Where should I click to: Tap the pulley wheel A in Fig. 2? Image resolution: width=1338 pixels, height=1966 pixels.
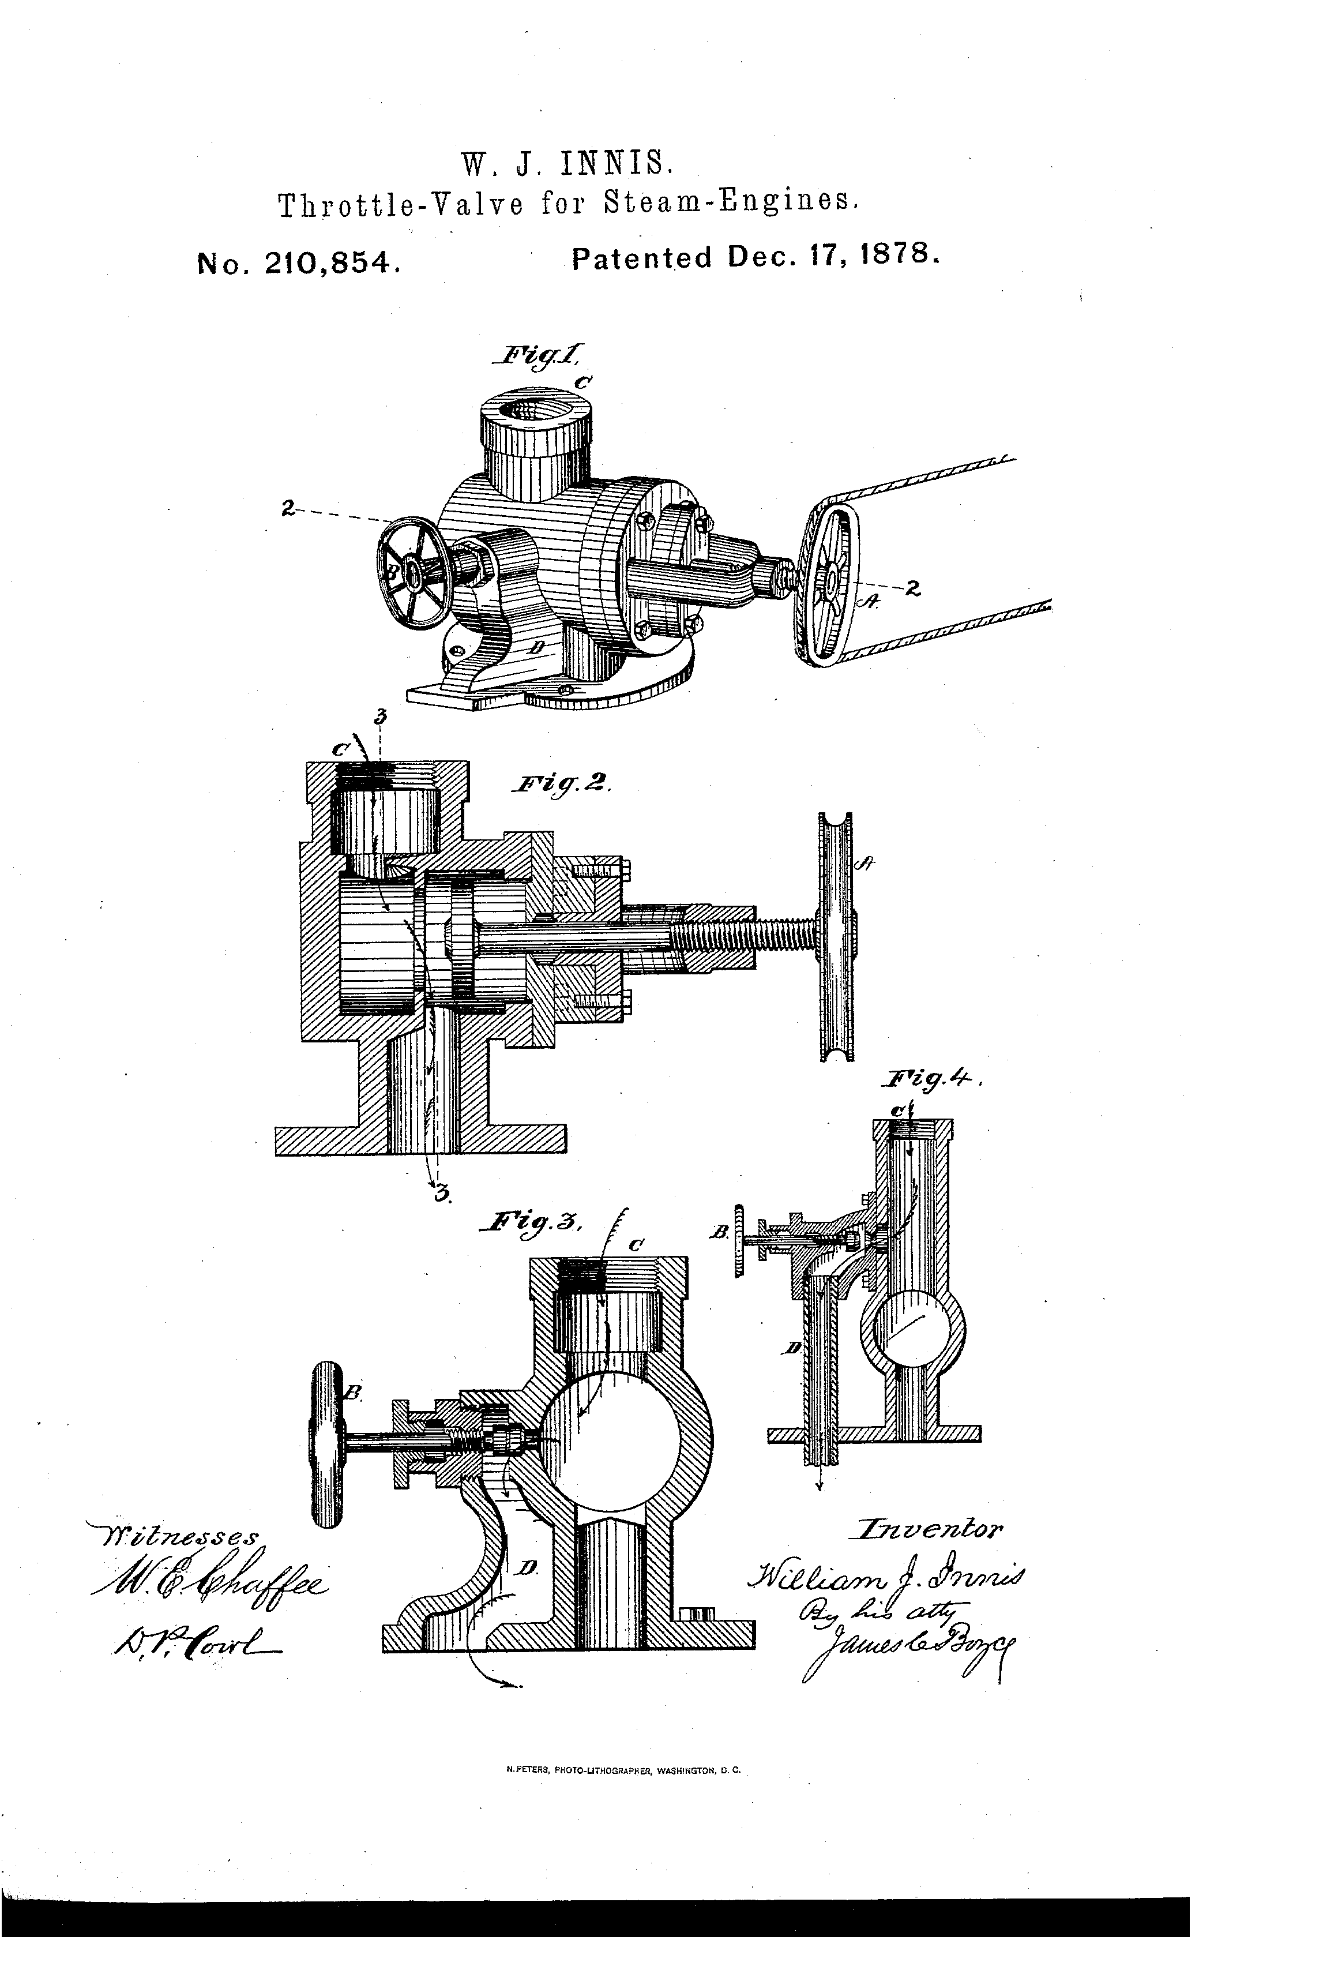(836, 936)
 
